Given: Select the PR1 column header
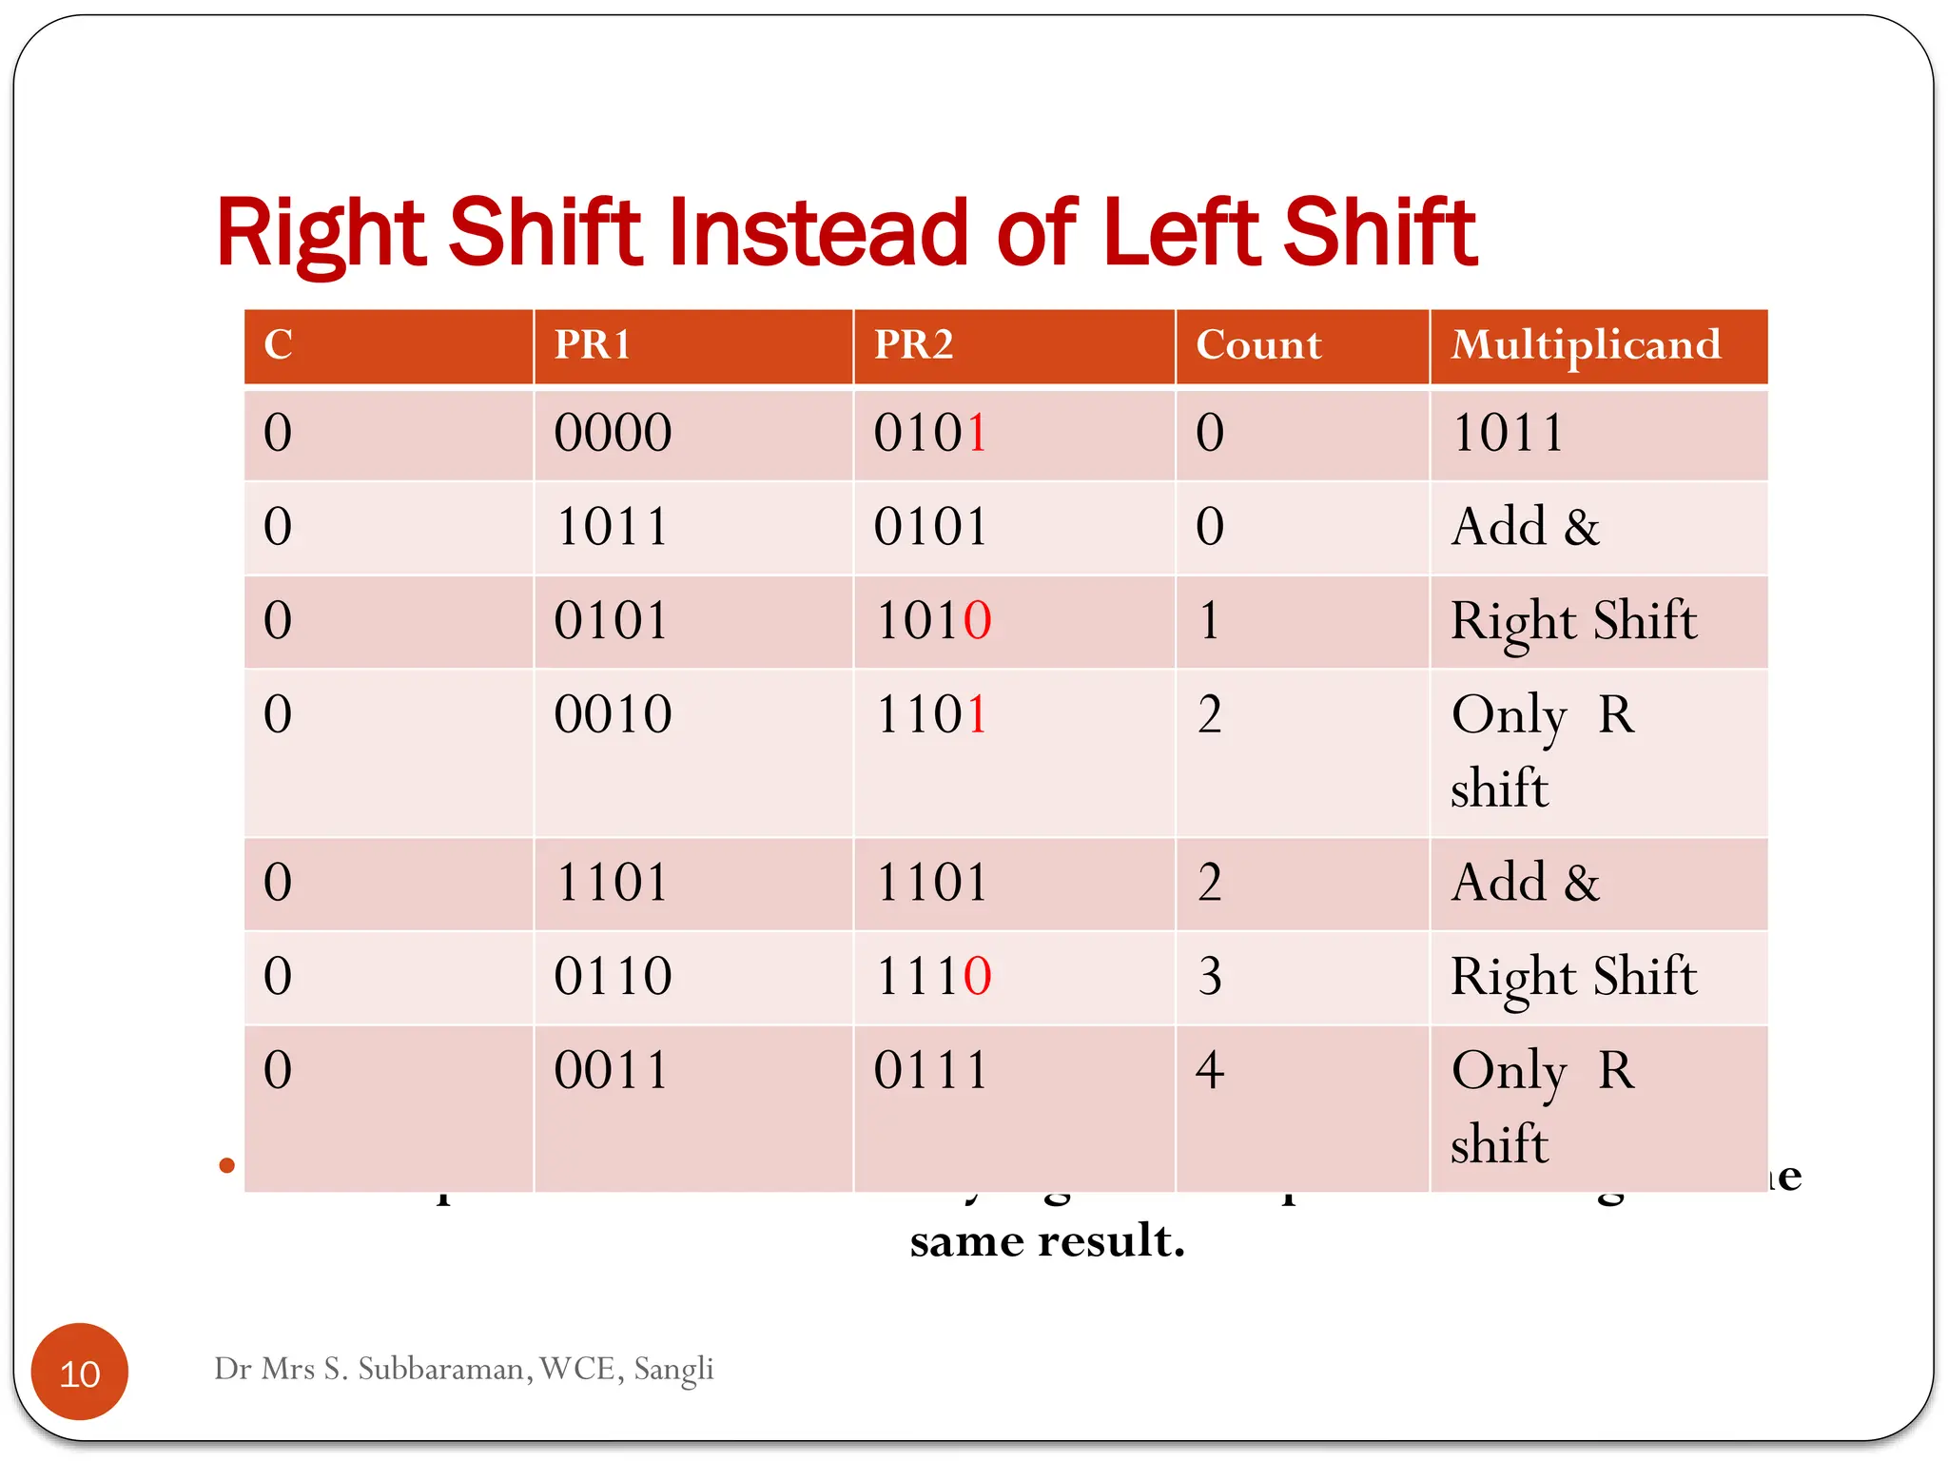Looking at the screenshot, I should click(x=593, y=344).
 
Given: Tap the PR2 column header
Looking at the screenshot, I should click(x=913, y=344).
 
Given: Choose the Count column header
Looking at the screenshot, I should click(x=1257, y=344).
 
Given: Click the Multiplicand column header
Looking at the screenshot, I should click(x=1585, y=344).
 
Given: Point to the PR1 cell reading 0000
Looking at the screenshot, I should click(x=613, y=433).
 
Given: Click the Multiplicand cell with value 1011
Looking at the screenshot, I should click(x=1508, y=433).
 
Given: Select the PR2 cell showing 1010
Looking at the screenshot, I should click(x=932, y=620).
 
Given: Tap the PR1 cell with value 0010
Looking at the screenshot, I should click(x=613, y=714).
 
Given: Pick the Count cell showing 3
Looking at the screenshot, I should click(x=1209, y=976).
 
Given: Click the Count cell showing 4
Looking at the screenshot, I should click(x=1209, y=1070).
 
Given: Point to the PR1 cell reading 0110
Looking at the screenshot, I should click(x=613, y=976).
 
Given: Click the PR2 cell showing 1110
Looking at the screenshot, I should click(x=932, y=976).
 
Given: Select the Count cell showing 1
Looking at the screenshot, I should click(x=1209, y=620).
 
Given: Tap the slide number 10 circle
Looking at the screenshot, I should click(x=80, y=1372).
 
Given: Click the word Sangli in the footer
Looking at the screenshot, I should click(x=673, y=1369).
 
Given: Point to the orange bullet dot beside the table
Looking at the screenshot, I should click(x=226, y=1165).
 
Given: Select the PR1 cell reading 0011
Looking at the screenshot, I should click(x=613, y=1070).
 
